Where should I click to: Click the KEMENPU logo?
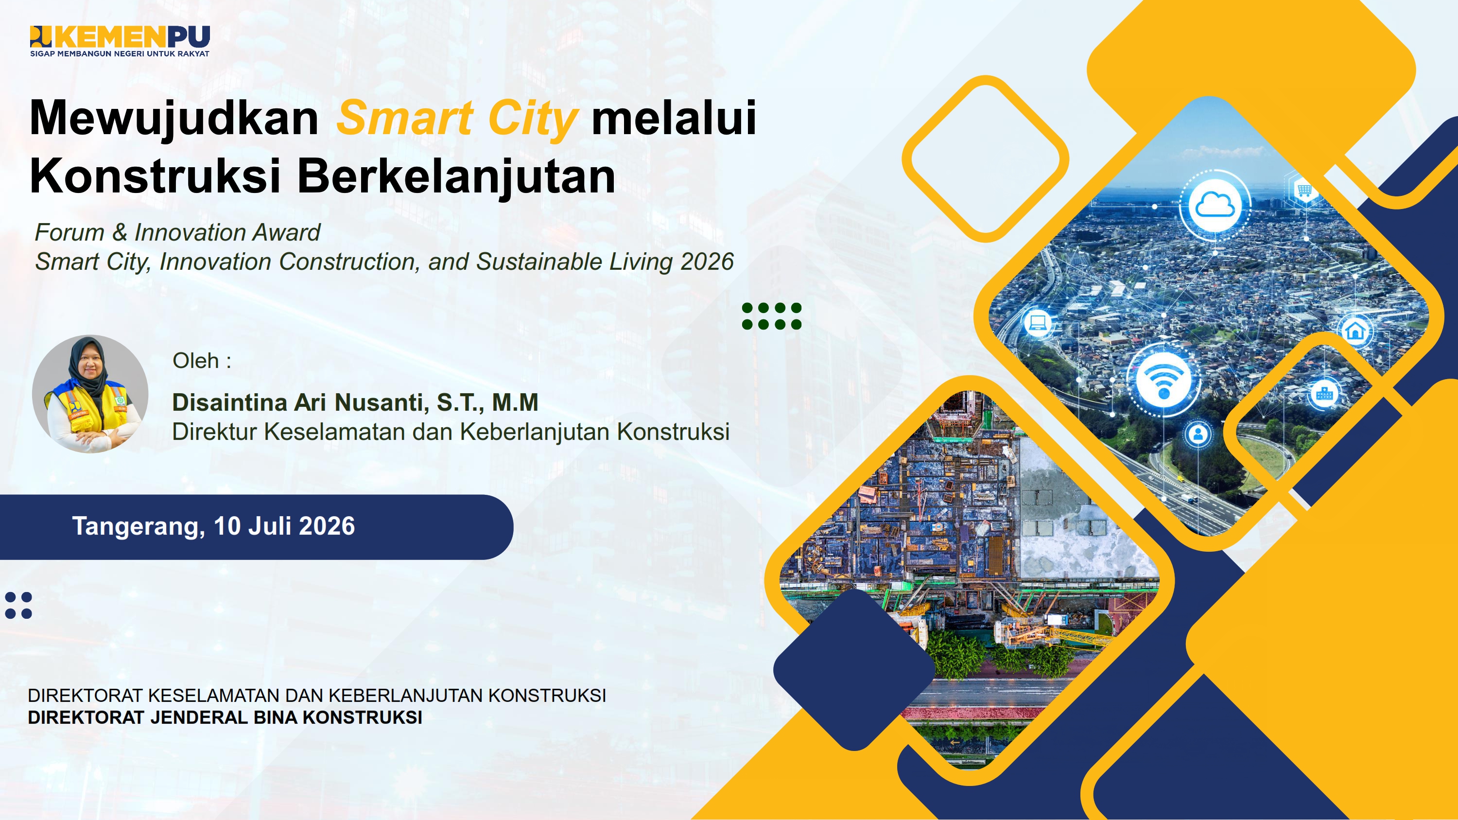pyautogui.click(x=120, y=41)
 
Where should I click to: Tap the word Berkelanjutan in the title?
pyautogui.click(x=456, y=176)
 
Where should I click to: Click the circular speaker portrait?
pyautogui.click(x=90, y=394)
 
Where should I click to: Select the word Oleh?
pyautogui.click(x=196, y=361)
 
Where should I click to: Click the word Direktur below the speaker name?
pyautogui.click(x=215, y=431)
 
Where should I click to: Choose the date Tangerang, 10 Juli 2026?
pyautogui.click(x=213, y=526)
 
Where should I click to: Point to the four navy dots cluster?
pyautogui.click(x=18, y=606)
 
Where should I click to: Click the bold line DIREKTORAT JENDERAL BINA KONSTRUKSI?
pyautogui.click(x=225, y=717)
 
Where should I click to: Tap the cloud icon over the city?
pyautogui.click(x=1215, y=205)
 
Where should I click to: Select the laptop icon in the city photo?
pyautogui.click(x=1038, y=323)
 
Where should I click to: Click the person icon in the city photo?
pyautogui.click(x=1198, y=435)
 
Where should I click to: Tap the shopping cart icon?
pyautogui.click(x=1304, y=190)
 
